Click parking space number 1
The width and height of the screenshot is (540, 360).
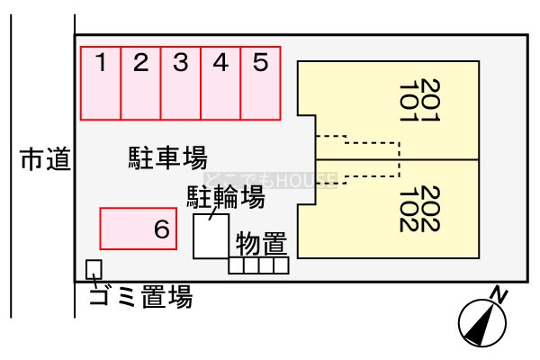click(x=102, y=83)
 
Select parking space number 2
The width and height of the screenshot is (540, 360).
click(x=141, y=83)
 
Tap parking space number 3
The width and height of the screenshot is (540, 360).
click(x=181, y=83)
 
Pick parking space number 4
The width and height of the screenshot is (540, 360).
click(x=220, y=83)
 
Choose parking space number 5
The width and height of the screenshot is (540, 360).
click(x=260, y=83)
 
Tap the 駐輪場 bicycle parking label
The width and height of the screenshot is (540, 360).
click(x=225, y=197)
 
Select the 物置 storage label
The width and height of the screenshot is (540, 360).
click(x=261, y=243)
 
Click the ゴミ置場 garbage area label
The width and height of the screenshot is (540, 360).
click(x=140, y=296)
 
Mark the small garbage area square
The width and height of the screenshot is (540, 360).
click(x=94, y=268)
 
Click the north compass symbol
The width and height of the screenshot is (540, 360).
click(x=481, y=319)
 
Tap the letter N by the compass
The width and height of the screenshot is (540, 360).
click(x=499, y=293)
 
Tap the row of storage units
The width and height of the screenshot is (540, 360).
click(x=258, y=265)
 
